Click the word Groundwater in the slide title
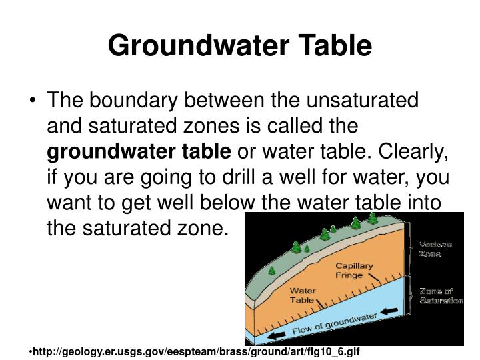coord(199,45)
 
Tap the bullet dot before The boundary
coord(33,101)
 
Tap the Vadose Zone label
coord(435,249)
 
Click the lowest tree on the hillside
coord(272,271)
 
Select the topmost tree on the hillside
coord(373,218)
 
